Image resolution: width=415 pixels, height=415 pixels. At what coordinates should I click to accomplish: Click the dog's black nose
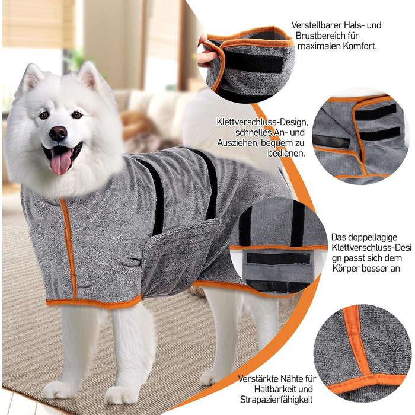click(58, 133)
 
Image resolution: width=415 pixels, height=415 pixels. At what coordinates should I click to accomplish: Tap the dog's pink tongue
click(60, 161)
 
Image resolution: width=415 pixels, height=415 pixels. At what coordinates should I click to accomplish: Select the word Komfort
click(360, 46)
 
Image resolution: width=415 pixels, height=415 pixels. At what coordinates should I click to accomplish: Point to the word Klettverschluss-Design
click(262, 122)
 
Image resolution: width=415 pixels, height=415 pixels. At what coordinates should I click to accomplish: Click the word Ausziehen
click(237, 143)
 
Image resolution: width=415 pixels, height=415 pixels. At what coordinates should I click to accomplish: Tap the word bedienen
click(286, 153)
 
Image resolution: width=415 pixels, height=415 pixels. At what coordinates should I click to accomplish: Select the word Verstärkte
click(257, 379)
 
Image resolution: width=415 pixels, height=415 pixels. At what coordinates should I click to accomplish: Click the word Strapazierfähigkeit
click(276, 400)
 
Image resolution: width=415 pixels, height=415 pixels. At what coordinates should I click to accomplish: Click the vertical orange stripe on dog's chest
click(68, 248)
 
